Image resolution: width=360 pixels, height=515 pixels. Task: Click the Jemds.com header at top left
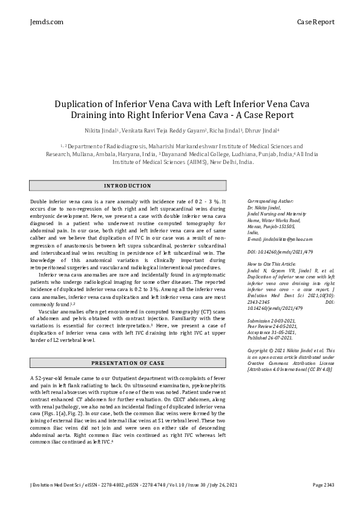click(46, 22)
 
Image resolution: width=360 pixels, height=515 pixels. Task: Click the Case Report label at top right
click(315, 22)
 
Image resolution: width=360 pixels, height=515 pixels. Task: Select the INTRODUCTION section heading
click(128, 186)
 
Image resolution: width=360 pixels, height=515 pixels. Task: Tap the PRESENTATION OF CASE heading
click(128, 363)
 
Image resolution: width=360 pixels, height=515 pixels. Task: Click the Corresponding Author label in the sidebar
click(271, 200)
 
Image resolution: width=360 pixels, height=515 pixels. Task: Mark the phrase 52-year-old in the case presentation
click(52, 378)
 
